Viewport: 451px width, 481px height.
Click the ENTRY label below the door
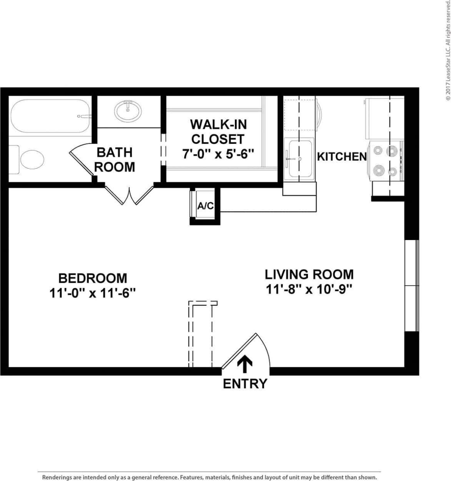click(x=245, y=384)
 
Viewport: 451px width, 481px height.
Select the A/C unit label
click(x=205, y=206)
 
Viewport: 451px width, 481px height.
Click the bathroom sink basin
click(x=128, y=111)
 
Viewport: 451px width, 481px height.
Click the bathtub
click(x=50, y=116)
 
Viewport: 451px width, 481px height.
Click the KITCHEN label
click(x=341, y=157)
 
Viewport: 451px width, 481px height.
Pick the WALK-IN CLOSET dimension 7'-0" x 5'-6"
click(x=218, y=154)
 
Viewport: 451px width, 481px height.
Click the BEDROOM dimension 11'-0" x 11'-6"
click(x=93, y=293)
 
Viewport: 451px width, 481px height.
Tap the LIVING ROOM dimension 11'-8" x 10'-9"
click(x=309, y=289)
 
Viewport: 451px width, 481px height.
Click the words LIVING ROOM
click(x=309, y=274)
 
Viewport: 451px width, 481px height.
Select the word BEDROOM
click(x=93, y=278)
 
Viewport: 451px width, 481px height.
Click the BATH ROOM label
click(x=115, y=160)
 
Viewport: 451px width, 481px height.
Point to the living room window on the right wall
click(x=411, y=286)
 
